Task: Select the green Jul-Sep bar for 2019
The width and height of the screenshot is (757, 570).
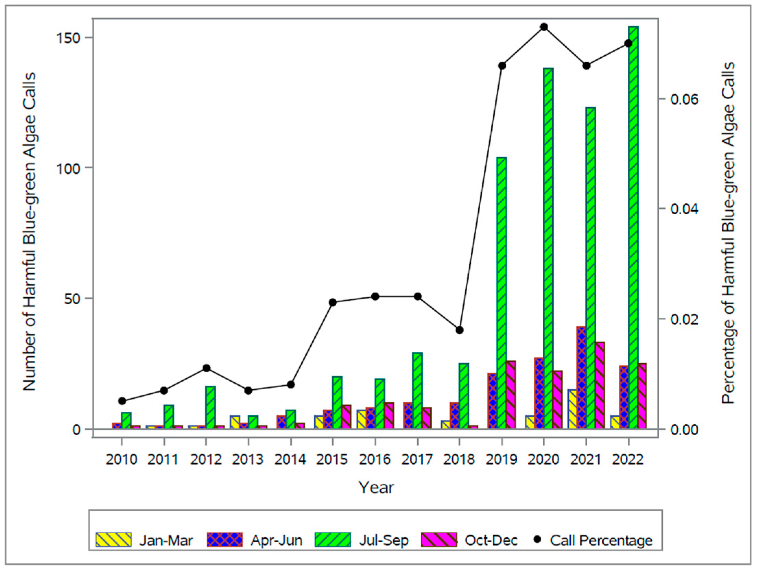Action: pyautogui.click(x=502, y=293)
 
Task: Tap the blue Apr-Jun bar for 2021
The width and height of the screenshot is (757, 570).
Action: pyautogui.click(x=581, y=378)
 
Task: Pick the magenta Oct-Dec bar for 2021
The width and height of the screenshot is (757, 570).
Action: pyautogui.click(x=600, y=385)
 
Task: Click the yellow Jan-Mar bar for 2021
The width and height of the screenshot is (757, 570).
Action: pyautogui.click(x=573, y=409)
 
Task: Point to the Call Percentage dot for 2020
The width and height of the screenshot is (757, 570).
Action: pyautogui.click(x=544, y=27)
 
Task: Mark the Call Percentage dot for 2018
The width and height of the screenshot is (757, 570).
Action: pyautogui.click(x=460, y=330)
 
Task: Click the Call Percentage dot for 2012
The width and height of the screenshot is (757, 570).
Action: pyautogui.click(x=206, y=368)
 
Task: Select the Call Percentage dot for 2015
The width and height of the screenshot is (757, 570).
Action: pyautogui.click(x=332, y=302)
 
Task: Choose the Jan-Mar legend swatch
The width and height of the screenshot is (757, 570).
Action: pyautogui.click(x=113, y=540)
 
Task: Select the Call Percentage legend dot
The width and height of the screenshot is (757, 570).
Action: pyautogui.click(x=538, y=540)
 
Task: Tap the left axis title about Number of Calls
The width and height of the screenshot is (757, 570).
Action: pyautogui.click(x=29, y=231)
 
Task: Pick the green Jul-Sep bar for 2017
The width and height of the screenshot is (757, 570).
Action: pyautogui.click(x=418, y=391)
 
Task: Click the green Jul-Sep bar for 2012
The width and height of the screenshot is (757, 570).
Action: pyautogui.click(x=211, y=407)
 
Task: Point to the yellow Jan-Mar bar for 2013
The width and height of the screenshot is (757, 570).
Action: pyautogui.click(x=235, y=422)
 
